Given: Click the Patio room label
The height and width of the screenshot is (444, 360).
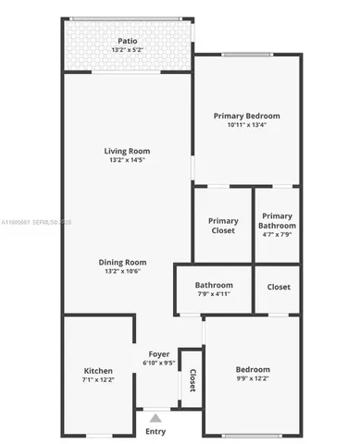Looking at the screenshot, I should click(x=128, y=41).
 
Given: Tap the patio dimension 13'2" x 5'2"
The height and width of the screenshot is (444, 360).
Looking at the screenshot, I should click(x=128, y=50).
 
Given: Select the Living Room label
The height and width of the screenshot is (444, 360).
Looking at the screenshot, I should click(x=127, y=151).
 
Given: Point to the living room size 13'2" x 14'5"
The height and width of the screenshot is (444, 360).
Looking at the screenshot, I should click(x=127, y=161).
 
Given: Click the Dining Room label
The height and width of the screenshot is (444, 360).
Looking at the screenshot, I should click(x=123, y=262).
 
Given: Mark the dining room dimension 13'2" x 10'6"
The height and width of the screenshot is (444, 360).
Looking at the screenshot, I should click(x=123, y=272).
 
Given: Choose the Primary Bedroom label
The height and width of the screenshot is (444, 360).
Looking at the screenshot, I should click(x=246, y=116).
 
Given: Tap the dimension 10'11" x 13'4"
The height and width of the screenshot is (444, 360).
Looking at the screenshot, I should click(x=246, y=126).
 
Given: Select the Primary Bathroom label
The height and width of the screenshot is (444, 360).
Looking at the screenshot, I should click(x=278, y=221).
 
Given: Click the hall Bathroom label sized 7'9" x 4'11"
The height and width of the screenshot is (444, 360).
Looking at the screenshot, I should click(x=214, y=285).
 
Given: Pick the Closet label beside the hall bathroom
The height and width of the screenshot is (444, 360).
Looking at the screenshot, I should click(x=279, y=287).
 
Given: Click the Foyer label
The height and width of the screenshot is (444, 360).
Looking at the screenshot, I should click(x=157, y=353).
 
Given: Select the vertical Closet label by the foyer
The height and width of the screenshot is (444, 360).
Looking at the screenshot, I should click(x=192, y=380).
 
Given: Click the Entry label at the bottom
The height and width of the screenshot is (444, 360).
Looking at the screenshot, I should click(x=155, y=431).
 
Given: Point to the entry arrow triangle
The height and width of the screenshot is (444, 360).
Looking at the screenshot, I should click(x=155, y=418).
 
